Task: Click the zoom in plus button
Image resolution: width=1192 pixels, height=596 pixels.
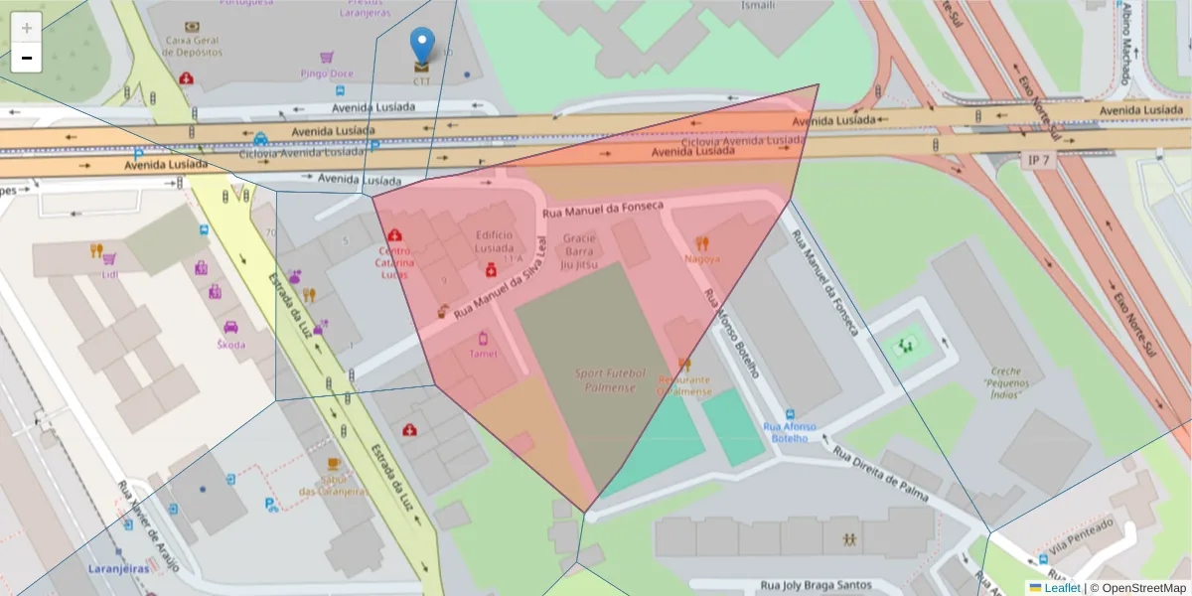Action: [x=27, y=27]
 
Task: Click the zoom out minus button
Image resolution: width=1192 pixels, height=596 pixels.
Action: [x=27, y=58]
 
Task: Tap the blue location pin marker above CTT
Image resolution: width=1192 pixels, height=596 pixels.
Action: [x=422, y=46]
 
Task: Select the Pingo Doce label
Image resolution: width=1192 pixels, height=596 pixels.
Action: [x=327, y=74]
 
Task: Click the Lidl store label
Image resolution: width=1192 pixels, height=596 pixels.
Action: [x=109, y=273]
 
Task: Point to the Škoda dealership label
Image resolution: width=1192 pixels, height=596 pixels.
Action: [x=230, y=344]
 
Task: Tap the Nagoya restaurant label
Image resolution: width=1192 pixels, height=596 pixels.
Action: [x=702, y=259]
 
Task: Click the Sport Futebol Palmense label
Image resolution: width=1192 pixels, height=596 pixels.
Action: [x=610, y=380]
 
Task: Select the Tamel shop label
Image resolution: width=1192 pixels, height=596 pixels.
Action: [x=483, y=353]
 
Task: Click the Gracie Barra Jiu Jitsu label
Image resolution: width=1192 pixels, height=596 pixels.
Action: [x=580, y=251]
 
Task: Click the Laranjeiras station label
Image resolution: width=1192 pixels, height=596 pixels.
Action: [x=116, y=569]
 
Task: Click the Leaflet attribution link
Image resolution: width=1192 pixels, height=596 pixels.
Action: [x=1062, y=588]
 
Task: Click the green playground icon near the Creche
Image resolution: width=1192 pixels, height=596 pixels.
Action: [x=905, y=346]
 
